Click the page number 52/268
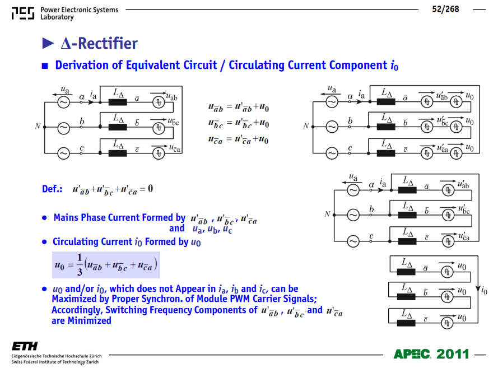tap(445, 9)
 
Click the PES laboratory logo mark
tap(23, 13)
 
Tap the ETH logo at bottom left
tap(25, 346)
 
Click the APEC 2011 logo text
tap(431, 353)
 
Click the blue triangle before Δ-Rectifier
tap(48, 43)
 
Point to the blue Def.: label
tap(52, 189)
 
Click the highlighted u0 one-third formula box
tap(106, 265)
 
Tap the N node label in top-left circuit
tap(38, 127)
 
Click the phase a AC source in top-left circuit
tap(63, 103)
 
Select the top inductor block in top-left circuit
tap(118, 103)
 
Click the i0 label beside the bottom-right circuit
tap(485, 290)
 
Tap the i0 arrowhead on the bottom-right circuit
tap(478, 288)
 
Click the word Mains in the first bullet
tap(66, 217)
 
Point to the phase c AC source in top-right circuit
tap(332, 153)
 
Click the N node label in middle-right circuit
tap(328, 214)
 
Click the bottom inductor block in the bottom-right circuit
tap(406, 323)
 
